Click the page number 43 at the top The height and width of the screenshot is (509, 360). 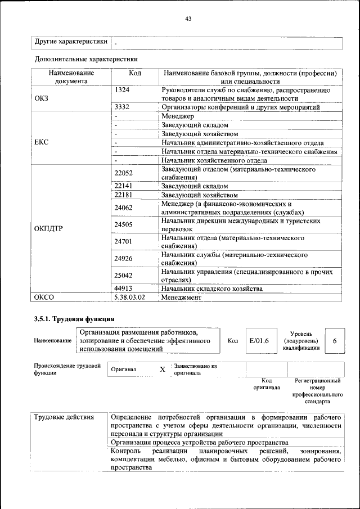[x=188, y=19]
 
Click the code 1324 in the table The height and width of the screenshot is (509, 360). [x=122, y=90]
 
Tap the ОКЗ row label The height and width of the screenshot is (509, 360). [x=42, y=98]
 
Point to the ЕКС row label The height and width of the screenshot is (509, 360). [x=42, y=142]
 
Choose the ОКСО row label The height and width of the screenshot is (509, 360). [x=43, y=297]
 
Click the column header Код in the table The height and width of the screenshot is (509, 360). [x=135, y=73]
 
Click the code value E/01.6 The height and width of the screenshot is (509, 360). [x=259, y=341]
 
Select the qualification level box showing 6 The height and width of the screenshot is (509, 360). [x=335, y=341]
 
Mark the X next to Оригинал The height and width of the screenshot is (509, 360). [x=163, y=370]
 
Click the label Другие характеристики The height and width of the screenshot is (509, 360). [x=71, y=42]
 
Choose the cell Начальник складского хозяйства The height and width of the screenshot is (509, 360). [x=212, y=289]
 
